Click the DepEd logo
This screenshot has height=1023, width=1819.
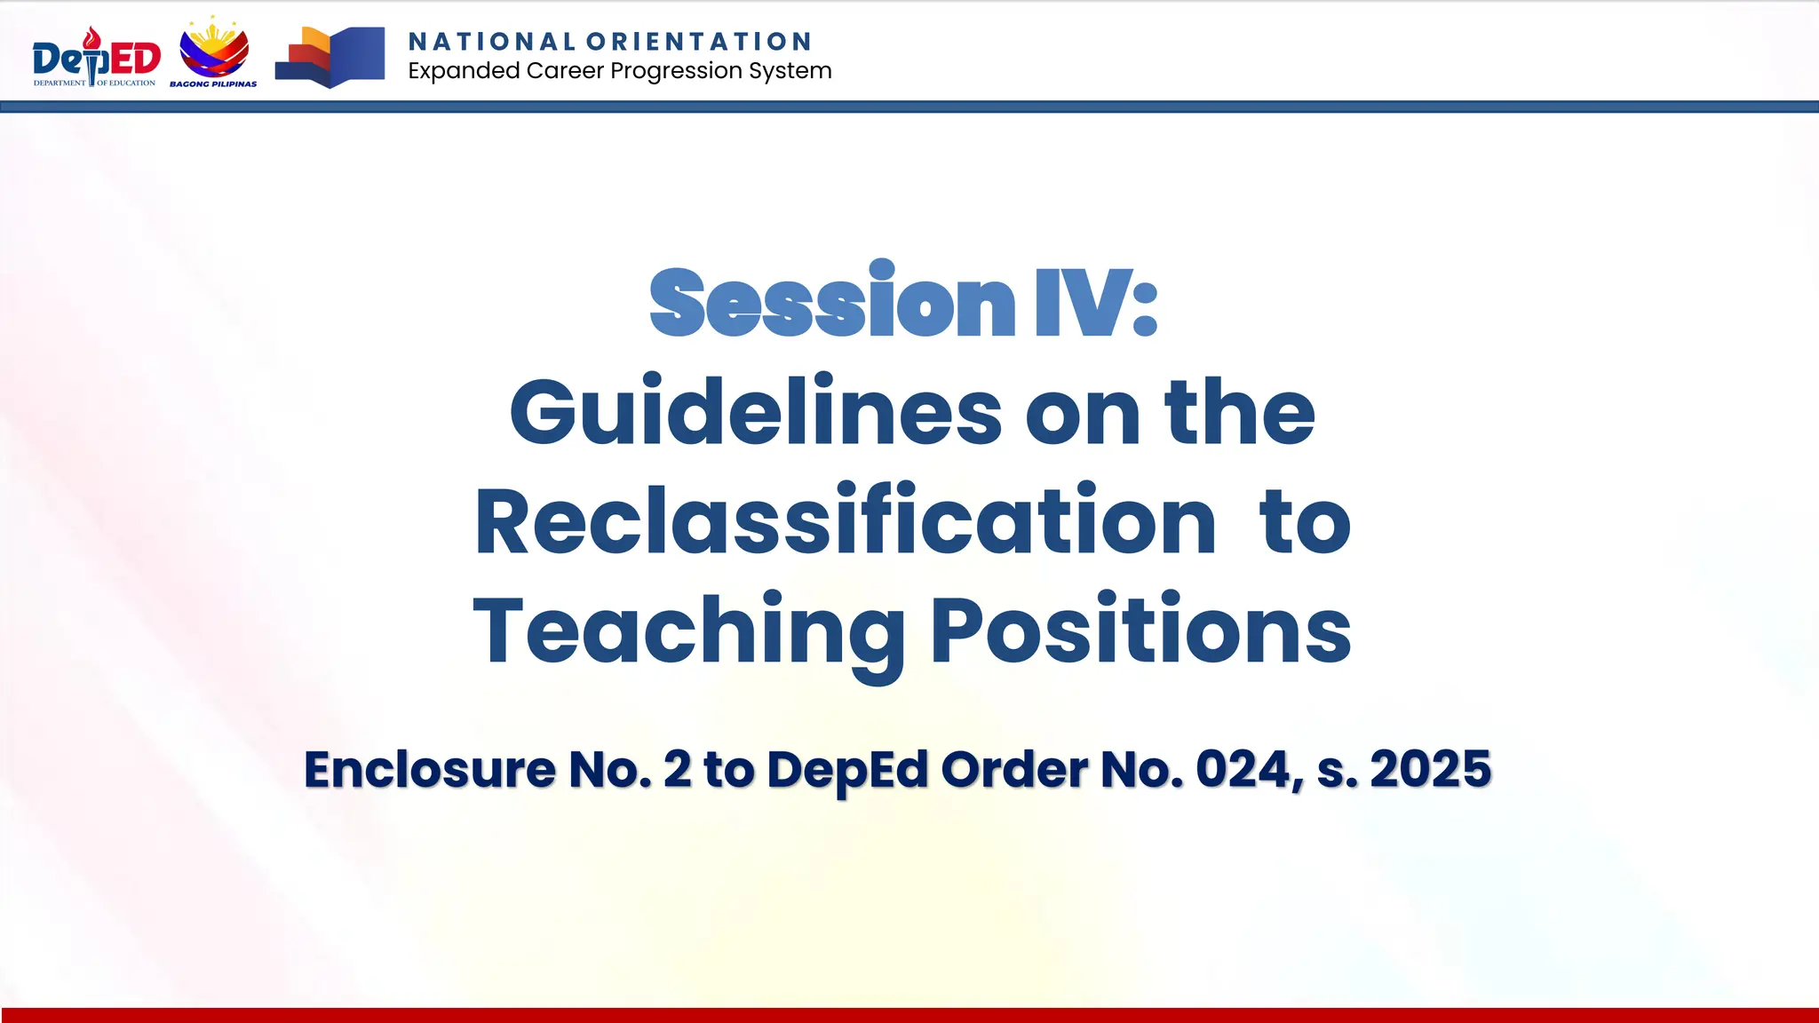[96, 58]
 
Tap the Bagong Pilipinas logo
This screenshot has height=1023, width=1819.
[214, 53]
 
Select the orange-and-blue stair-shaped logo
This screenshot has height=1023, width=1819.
[330, 57]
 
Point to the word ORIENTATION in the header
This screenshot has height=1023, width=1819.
[699, 42]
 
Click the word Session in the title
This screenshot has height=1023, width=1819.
[832, 302]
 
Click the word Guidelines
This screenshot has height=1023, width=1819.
[755, 411]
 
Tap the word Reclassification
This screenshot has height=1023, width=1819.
[845, 521]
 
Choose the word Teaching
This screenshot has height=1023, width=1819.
[688, 631]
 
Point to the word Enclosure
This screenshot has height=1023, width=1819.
[430, 769]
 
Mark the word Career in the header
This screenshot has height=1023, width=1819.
[565, 70]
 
